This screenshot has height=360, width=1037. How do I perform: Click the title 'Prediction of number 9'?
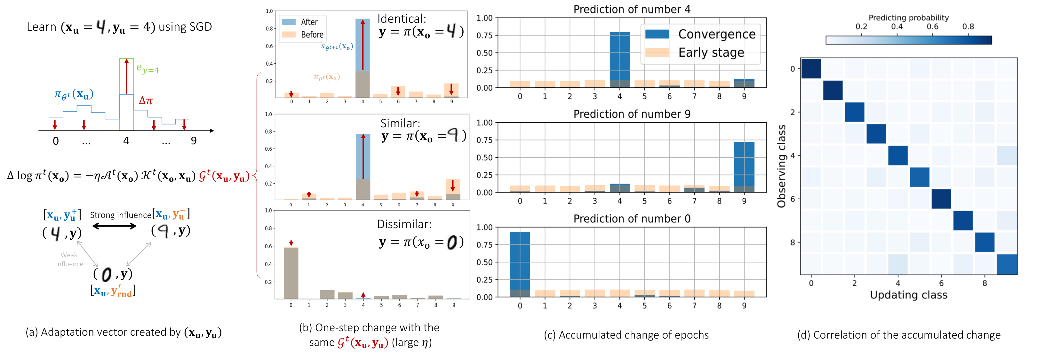point(631,114)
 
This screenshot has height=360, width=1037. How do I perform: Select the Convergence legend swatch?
point(657,34)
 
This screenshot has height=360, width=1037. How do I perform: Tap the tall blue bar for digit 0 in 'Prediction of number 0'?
point(520,262)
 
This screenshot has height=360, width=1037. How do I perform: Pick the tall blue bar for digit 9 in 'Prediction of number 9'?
point(744,165)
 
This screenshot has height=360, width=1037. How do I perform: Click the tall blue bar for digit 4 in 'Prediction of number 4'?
point(619,56)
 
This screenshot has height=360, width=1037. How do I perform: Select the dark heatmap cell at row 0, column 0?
point(811,68)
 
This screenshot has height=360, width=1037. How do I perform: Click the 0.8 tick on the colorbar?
point(968,27)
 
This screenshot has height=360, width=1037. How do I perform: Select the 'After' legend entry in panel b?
point(309,22)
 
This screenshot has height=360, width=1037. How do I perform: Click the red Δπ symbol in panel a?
point(145,101)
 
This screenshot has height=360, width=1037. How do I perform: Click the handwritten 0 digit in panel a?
point(106,275)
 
